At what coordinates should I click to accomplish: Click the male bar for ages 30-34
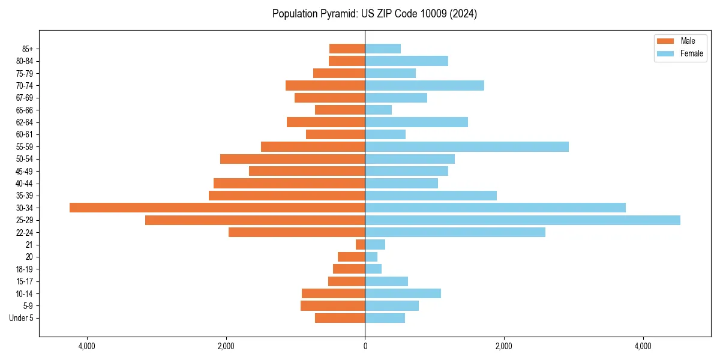[217, 208]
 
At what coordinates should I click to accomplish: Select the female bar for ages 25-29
[522, 220]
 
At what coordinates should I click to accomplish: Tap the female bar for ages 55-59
[467, 146]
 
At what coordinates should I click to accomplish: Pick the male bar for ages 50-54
[292, 159]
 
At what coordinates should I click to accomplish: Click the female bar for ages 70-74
[424, 85]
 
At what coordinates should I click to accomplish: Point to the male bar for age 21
[360, 245]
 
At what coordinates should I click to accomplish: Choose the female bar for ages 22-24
[455, 232]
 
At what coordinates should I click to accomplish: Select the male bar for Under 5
[340, 318]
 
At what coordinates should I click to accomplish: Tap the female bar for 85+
[383, 49]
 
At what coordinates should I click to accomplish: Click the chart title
[374, 14]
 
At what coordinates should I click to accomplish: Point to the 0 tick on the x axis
[365, 346]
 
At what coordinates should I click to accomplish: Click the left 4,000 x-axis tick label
[87, 346]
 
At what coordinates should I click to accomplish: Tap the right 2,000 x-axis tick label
[504, 346]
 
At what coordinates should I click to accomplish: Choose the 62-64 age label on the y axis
[25, 122]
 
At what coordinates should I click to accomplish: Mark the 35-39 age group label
[25, 196]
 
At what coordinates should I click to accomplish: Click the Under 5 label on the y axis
[22, 318]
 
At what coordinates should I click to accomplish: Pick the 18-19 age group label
[25, 269]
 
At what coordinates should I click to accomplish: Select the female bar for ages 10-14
[403, 293]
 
